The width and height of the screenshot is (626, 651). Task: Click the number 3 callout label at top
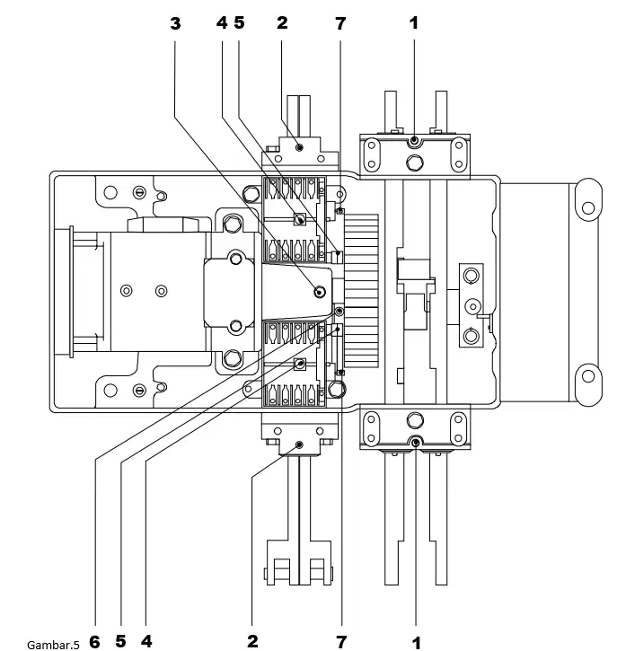pos(175,23)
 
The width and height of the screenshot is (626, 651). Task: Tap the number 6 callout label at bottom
pos(94,642)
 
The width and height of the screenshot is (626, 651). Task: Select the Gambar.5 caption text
pos(53,645)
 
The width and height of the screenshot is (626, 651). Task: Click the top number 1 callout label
pos(414,23)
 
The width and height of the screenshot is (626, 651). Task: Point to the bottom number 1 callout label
pos(416,643)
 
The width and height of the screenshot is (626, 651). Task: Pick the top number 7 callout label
pos(340,23)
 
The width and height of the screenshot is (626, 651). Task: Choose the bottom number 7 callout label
pos(341,642)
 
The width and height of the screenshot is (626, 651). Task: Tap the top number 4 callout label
pos(222,22)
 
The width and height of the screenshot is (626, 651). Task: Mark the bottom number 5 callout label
pos(120,641)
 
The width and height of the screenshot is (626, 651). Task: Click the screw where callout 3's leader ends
pos(319,292)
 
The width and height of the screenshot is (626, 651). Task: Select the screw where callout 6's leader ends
pos(339,311)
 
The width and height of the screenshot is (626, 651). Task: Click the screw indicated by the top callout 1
pos(414,141)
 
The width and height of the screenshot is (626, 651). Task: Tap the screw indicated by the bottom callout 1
pos(416,443)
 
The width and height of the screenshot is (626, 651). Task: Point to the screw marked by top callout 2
pos(299,147)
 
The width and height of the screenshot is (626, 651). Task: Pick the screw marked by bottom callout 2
pos(299,445)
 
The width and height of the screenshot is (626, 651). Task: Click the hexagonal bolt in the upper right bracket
pos(414,163)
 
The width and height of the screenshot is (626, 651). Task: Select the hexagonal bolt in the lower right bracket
pos(415,420)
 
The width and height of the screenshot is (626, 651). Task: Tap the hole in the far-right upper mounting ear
pos(588,207)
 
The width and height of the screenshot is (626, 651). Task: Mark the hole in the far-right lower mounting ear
pos(588,376)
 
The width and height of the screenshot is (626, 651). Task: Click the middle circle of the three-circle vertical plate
pos(472,307)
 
